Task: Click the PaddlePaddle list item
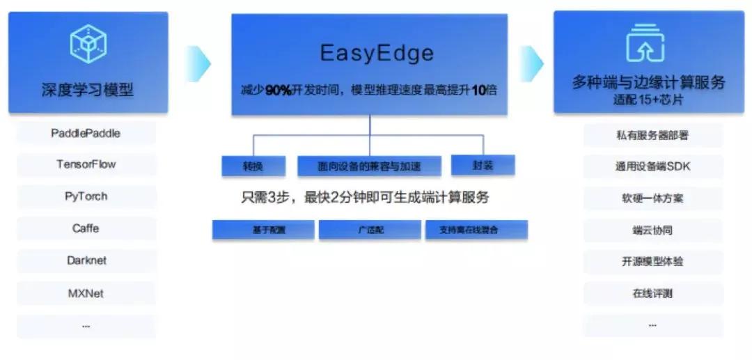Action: tap(86, 133)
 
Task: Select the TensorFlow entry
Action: tap(86, 164)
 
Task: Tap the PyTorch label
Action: tap(86, 196)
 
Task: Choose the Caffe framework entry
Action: tap(86, 228)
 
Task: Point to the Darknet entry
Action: tap(86, 260)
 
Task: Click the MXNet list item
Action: tap(86, 293)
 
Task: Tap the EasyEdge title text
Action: tap(376, 53)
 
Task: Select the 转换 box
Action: tap(253, 166)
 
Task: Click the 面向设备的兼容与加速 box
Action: tap(369, 166)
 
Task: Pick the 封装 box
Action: tap(482, 166)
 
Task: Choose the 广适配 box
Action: tap(370, 230)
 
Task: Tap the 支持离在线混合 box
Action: tap(476, 230)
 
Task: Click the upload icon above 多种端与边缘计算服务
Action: tap(645, 43)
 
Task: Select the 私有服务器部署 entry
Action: tap(652, 135)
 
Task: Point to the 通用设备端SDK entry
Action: tap(652, 166)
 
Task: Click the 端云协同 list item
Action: tap(652, 230)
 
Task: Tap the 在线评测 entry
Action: tap(652, 293)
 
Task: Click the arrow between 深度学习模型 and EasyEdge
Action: tap(199, 63)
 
